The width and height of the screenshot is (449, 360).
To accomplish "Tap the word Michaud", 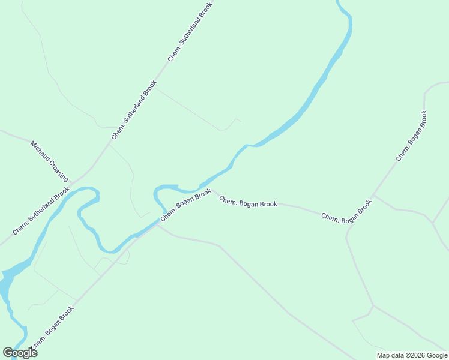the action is click(x=41, y=152).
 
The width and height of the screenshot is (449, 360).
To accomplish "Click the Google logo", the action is click(x=20, y=353).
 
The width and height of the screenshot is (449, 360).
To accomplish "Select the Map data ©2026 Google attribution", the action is click(x=412, y=355).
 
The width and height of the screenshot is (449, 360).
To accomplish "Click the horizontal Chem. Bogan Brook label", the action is click(x=248, y=202).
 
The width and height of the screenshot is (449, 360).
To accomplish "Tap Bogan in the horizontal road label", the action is click(x=248, y=202).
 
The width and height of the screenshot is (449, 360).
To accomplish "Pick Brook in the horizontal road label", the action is click(x=268, y=205).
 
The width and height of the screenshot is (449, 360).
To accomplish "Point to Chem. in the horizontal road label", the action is click(x=228, y=200).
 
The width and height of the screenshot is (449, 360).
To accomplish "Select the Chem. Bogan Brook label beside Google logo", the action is click(x=53, y=328).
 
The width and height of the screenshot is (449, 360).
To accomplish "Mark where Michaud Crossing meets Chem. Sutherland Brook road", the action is click(x=71, y=182).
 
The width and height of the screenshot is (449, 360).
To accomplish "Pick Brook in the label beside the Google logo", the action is click(x=66, y=314).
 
